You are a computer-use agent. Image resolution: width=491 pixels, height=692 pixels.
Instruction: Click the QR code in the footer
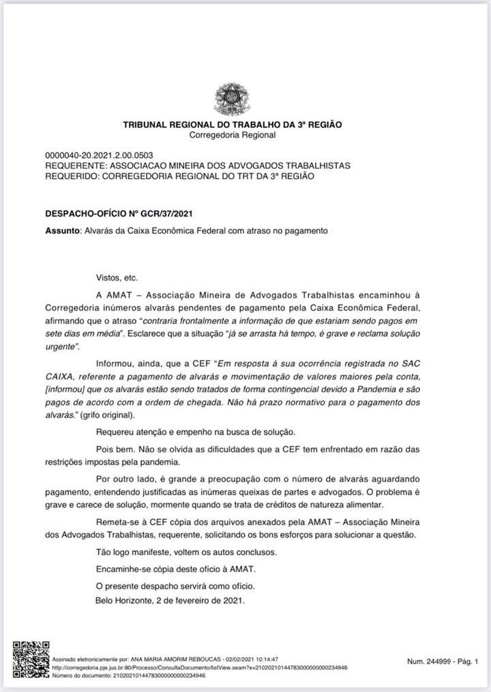31,657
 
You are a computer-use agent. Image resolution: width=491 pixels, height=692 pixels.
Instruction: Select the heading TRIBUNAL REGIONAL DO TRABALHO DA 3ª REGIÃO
233,125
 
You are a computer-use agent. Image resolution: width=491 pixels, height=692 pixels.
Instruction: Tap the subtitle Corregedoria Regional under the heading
233,135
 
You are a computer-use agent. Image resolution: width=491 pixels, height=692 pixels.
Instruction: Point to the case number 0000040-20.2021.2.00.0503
98,155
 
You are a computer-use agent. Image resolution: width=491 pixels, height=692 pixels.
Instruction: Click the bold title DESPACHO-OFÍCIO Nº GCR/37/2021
114,214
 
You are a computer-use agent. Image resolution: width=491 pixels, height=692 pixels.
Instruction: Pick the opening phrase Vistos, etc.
117,278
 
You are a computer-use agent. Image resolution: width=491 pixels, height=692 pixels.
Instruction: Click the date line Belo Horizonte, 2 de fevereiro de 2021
170,601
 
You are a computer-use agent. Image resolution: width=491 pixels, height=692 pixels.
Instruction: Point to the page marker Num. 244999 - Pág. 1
443,661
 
